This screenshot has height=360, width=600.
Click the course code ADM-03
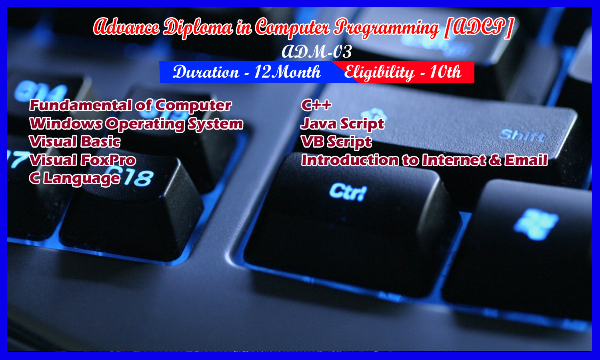coord(317,52)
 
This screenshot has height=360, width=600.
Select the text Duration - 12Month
coord(247,72)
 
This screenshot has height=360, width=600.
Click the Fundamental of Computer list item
coord(130,105)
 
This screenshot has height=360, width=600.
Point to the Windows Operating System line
coord(136,124)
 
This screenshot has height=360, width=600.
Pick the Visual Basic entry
coord(75,142)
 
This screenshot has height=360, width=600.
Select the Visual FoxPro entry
coord(82,160)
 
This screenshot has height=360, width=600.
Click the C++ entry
coord(316,105)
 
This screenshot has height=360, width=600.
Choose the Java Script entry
coord(342,124)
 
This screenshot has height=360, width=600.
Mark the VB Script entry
coord(336,142)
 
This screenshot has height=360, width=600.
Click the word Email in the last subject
coord(526,160)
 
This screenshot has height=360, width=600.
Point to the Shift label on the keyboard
coord(522,135)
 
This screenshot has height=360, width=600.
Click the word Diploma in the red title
coord(198,28)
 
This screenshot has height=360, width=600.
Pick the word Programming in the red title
coord(386,28)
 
